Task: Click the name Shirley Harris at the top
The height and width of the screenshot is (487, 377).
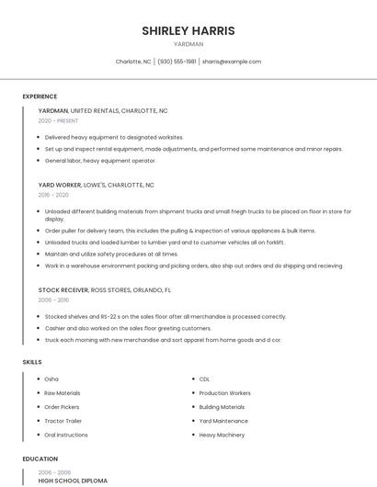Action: [x=188, y=30]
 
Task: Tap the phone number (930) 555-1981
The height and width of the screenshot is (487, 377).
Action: [x=177, y=62]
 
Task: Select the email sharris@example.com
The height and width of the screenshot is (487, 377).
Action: [x=232, y=62]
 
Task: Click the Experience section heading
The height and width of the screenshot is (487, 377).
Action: [x=40, y=96]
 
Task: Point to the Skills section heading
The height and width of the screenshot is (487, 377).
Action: [x=32, y=362]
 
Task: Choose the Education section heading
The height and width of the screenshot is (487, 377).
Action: [x=40, y=459]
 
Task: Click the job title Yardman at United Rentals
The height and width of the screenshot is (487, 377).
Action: [x=52, y=110]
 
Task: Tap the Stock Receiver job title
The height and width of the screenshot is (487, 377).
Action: [x=63, y=289]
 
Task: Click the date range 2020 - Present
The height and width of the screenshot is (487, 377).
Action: [x=58, y=120]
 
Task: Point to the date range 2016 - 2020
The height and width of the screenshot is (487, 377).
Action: [x=53, y=195]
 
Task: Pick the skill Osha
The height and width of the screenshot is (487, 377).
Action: [x=51, y=379]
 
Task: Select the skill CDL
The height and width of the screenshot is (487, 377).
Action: [x=204, y=379]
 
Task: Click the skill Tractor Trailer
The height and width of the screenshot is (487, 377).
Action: [x=63, y=421]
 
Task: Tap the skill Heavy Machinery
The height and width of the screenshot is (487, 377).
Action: [x=222, y=435]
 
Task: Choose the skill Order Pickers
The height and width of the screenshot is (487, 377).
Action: [x=62, y=407]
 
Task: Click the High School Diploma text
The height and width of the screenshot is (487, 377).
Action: [x=73, y=480]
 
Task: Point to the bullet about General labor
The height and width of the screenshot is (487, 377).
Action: [x=100, y=161]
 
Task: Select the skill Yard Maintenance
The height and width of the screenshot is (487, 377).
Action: [x=223, y=421]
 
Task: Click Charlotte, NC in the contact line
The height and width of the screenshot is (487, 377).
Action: [x=133, y=62]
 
